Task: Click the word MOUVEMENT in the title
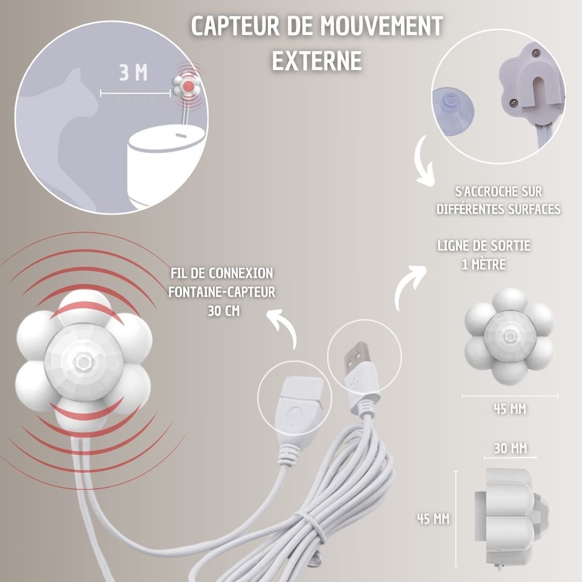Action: click(x=382, y=26)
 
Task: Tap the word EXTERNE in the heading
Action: click(x=317, y=60)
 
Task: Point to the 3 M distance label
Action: click(x=133, y=73)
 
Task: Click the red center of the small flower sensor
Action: click(x=189, y=86)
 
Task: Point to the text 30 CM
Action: click(x=224, y=311)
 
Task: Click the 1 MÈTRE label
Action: click(x=484, y=265)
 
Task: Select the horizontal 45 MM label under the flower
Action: click(x=510, y=409)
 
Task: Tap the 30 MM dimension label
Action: click(x=510, y=448)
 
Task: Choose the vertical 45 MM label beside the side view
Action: click(x=433, y=518)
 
